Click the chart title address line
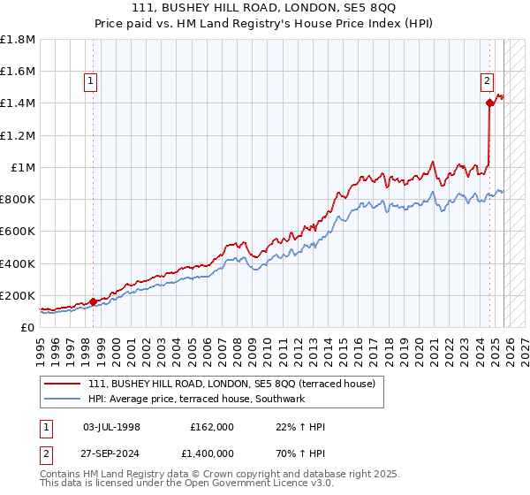point(264,8)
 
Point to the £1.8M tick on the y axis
point(18,40)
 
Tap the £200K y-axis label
point(17,295)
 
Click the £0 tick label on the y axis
point(28,327)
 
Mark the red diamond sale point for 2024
point(489,103)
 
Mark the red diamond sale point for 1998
point(93,301)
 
